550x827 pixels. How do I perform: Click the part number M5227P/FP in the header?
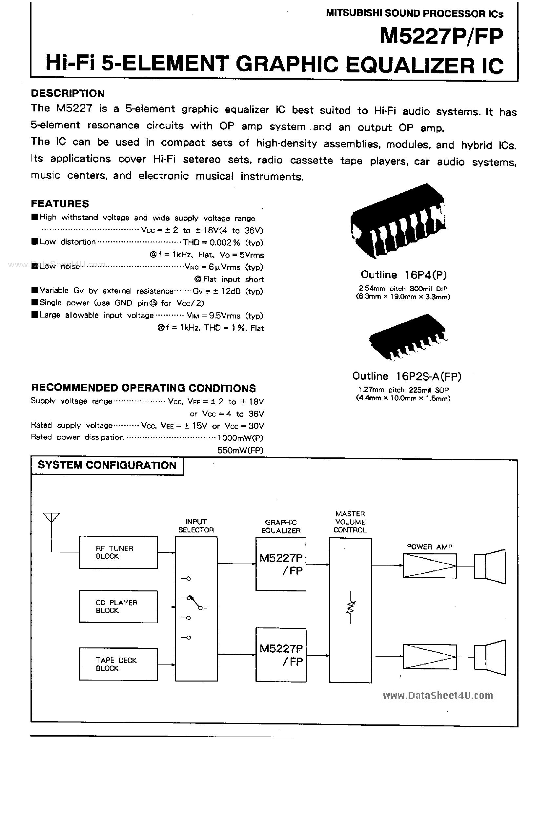pyautogui.click(x=441, y=36)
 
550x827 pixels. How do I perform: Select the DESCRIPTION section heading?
pyautogui.click(x=68, y=93)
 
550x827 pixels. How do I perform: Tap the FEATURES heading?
pyautogui.click(x=60, y=203)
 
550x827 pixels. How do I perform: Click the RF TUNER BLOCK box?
pyautogui.click(x=118, y=552)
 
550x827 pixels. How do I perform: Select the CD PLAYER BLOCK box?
pyautogui.click(x=118, y=606)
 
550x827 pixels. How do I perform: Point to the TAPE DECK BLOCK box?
pyautogui.click(x=118, y=664)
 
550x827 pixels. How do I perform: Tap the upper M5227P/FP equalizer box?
pyautogui.click(x=281, y=564)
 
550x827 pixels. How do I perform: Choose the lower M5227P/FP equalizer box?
pyautogui.click(x=281, y=655)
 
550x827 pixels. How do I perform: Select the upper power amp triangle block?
pyautogui.click(x=430, y=565)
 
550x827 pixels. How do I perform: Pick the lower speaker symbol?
pyautogui.click(x=490, y=656)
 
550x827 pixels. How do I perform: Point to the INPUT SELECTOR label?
pyautogui.click(x=196, y=526)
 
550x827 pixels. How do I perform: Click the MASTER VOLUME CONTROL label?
pyautogui.click(x=350, y=522)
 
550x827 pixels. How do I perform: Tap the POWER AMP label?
pyautogui.click(x=429, y=547)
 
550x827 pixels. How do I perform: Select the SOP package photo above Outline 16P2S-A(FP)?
pyautogui.click(x=407, y=337)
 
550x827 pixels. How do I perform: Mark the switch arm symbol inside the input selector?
pyautogui.click(x=194, y=602)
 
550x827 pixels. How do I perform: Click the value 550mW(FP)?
pyautogui.click(x=240, y=450)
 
